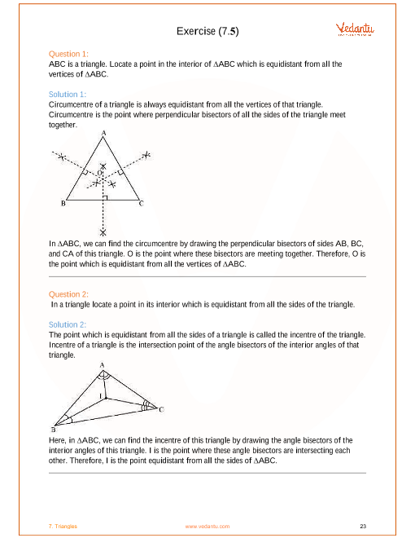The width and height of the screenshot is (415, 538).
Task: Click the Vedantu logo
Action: pyautogui.click(x=355, y=29)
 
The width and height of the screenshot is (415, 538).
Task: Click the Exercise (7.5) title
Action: pyautogui.click(x=207, y=31)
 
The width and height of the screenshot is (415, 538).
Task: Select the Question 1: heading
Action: pyautogui.click(x=68, y=54)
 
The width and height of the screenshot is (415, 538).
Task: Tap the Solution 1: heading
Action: pyautogui.click(x=68, y=95)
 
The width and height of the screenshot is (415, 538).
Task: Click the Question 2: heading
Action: pyautogui.click(x=68, y=294)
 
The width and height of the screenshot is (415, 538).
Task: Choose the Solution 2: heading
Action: pyautogui.click(x=68, y=324)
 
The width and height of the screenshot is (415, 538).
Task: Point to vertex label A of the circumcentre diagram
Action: pyautogui.click(x=103, y=133)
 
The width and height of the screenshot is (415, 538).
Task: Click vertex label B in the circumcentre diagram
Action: pyautogui.click(x=63, y=204)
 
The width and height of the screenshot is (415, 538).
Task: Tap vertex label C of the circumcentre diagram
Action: pyautogui.click(x=141, y=204)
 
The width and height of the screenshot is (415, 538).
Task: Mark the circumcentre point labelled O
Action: pyautogui.click(x=99, y=173)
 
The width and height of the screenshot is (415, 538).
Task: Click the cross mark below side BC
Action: pyautogui.click(x=103, y=232)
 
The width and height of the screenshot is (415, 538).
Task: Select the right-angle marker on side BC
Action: pyautogui.click(x=105, y=197)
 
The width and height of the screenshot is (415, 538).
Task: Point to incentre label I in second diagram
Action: pyautogui.click(x=101, y=396)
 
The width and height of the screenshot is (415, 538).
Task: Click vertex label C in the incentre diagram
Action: pyautogui.click(x=161, y=409)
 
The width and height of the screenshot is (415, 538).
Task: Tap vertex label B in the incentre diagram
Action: pyautogui.click(x=54, y=430)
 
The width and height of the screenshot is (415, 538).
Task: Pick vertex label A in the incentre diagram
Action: pyautogui.click(x=102, y=365)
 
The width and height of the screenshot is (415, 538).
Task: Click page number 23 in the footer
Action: pyautogui.click(x=363, y=526)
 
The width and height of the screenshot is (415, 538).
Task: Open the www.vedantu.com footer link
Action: pyautogui.click(x=207, y=527)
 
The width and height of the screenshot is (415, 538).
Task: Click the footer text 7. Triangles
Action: pyautogui.click(x=63, y=527)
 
